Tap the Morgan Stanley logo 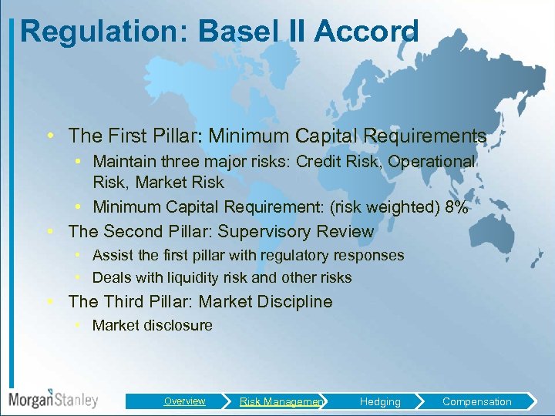[x=53, y=399]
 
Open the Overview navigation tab [x=184, y=401]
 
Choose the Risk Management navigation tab [x=281, y=401]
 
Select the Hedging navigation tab [x=380, y=401]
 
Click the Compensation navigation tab [x=476, y=401]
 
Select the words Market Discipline [x=265, y=302]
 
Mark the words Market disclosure [x=152, y=325]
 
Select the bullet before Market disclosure [x=79, y=325]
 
